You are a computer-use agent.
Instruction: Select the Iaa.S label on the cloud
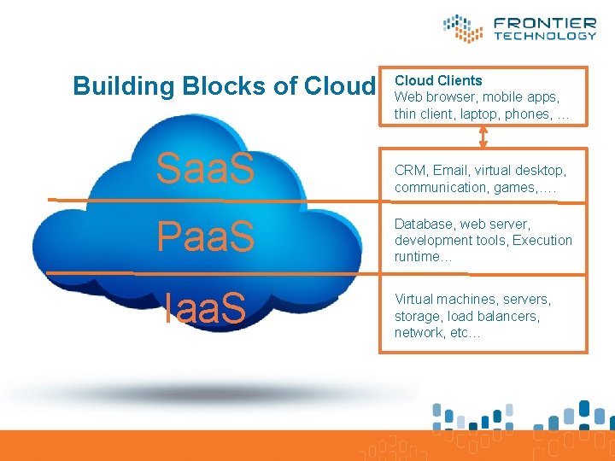[205, 308]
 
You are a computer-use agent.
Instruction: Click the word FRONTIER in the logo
[544, 23]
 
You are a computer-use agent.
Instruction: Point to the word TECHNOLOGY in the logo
[544, 36]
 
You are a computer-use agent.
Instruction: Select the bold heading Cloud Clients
[438, 80]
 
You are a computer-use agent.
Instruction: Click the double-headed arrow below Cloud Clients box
[484, 136]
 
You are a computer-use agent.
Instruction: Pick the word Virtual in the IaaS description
[413, 300]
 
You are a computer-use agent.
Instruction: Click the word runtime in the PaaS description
[418, 256]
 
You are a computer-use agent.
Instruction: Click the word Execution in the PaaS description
[542, 240]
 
